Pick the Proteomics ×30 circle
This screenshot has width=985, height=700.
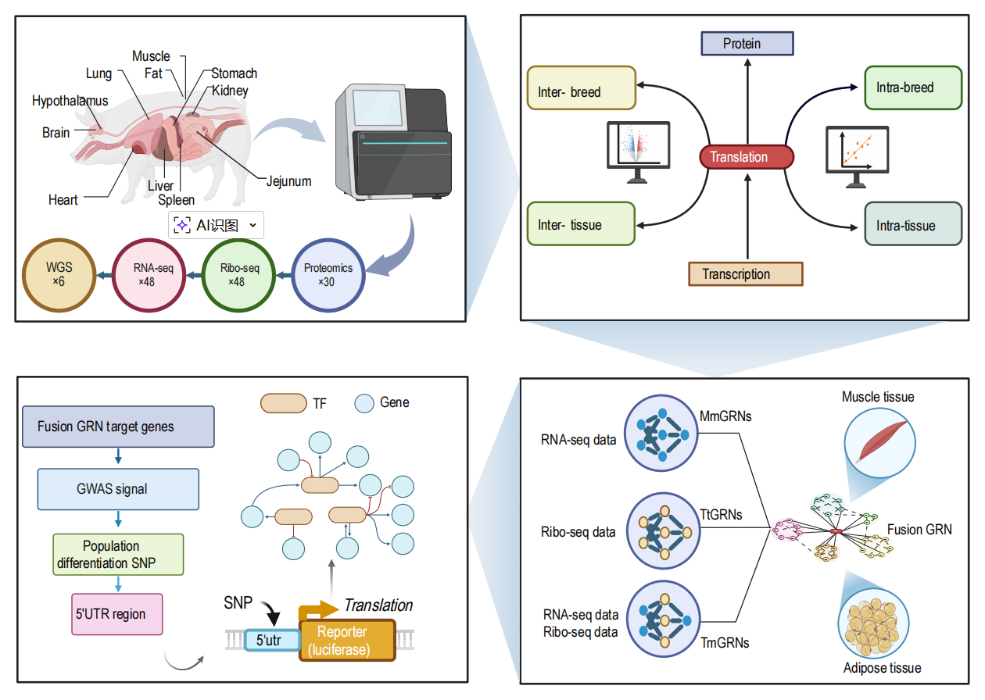coord(328,275)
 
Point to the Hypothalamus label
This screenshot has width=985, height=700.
coord(70,101)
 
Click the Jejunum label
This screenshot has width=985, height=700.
coord(288,181)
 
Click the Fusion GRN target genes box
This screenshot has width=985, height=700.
coord(118,427)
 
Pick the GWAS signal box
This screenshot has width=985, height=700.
coord(118,489)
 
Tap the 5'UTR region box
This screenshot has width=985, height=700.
coord(117,613)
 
